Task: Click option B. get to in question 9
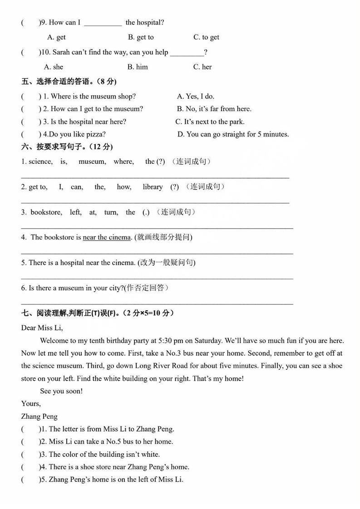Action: (x=141, y=37)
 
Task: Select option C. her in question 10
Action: (x=202, y=67)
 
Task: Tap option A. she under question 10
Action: (x=54, y=67)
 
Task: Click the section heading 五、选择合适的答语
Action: (x=69, y=82)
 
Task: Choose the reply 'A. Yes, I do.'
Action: (x=196, y=96)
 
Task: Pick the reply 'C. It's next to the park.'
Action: (x=210, y=122)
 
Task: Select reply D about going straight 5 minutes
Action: (x=233, y=134)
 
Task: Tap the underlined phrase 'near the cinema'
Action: (x=107, y=237)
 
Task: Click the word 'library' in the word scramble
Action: (x=153, y=187)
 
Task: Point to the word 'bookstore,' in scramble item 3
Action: (x=46, y=212)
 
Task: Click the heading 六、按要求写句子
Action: (x=67, y=147)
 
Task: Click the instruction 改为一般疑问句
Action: (x=167, y=263)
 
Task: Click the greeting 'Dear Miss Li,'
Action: (x=42, y=328)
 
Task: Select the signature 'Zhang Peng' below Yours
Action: (x=39, y=416)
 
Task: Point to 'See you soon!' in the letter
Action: (x=61, y=391)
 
